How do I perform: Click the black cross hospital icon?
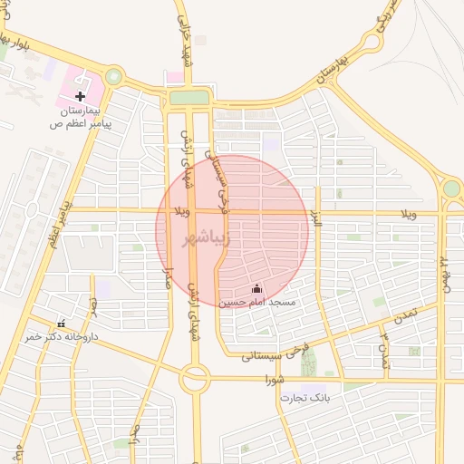tap(81, 95)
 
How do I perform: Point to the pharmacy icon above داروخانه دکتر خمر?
tap(61, 324)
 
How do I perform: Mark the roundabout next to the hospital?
tap(114, 77)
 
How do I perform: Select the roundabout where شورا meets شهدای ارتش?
tap(194, 377)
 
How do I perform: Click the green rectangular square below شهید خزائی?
tap(188, 97)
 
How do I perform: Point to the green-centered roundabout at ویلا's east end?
tap(450, 188)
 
